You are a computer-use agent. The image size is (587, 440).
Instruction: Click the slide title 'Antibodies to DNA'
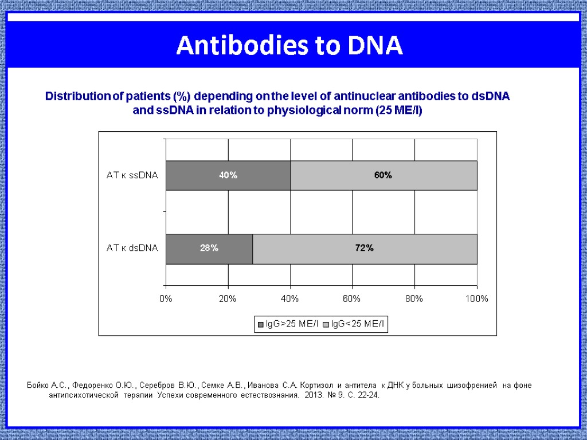[x=289, y=46]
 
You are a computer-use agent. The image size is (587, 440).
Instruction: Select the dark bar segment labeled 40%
[x=228, y=175]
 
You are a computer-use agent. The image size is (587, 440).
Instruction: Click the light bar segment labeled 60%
[x=383, y=175]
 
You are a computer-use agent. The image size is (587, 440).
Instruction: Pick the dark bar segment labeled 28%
[x=209, y=249]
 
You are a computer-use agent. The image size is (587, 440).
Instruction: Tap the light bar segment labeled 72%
[x=365, y=249]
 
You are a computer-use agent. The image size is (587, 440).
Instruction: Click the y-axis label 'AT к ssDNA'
[x=132, y=175]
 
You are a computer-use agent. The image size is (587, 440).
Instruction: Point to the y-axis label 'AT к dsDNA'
[x=132, y=249]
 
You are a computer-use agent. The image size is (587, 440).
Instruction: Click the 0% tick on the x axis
[x=166, y=299]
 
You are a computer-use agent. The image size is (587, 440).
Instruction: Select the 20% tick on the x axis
[x=228, y=299]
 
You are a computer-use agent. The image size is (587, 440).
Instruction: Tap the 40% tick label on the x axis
[x=289, y=299]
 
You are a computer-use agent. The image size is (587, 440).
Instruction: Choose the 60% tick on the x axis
[x=352, y=299]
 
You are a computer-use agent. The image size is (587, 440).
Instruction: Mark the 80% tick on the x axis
[x=414, y=299]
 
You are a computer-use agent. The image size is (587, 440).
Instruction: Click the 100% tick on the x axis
[x=477, y=299]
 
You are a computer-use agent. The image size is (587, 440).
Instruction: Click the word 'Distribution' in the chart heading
[x=77, y=96]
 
